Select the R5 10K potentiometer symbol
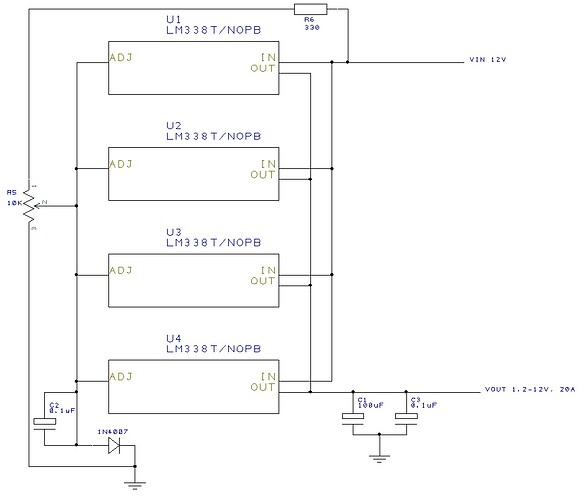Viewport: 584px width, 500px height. coord(30,206)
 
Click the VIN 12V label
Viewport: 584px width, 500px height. coord(489,62)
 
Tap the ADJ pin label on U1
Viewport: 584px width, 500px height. coord(121,58)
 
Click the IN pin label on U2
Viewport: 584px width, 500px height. coord(268,164)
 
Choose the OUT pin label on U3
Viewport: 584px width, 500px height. coord(263,281)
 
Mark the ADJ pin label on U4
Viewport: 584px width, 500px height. coord(121,377)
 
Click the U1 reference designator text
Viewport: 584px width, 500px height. coord(173,19)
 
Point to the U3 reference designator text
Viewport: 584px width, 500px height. coord(173,231)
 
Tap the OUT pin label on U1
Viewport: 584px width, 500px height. coord(263,70)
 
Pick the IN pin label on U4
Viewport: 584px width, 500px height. coord(268,377)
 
